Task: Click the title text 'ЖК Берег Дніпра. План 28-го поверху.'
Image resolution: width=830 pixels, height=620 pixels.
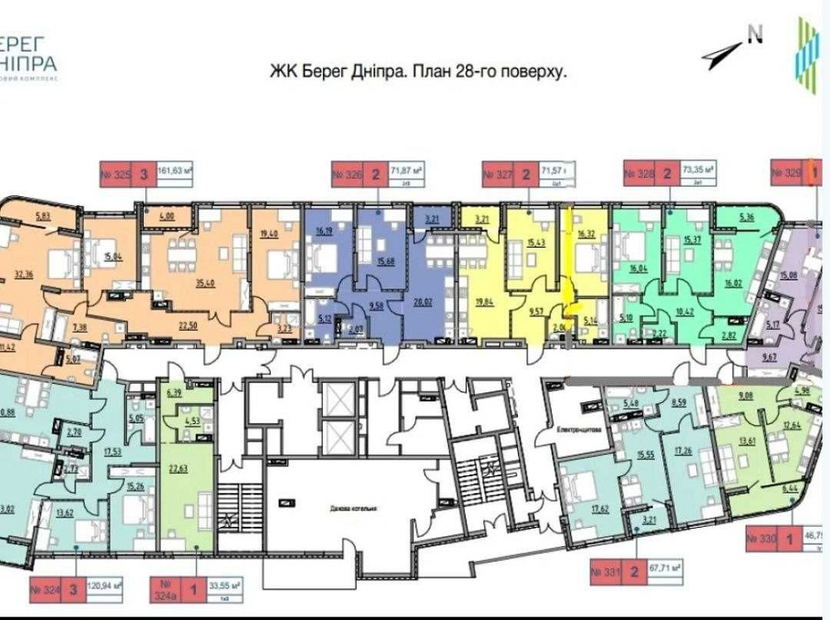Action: [x=418, y=72]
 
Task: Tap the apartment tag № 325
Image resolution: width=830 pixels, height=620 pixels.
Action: [x=116, y=175]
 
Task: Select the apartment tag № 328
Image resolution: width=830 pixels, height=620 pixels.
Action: [x=640, y=175]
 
